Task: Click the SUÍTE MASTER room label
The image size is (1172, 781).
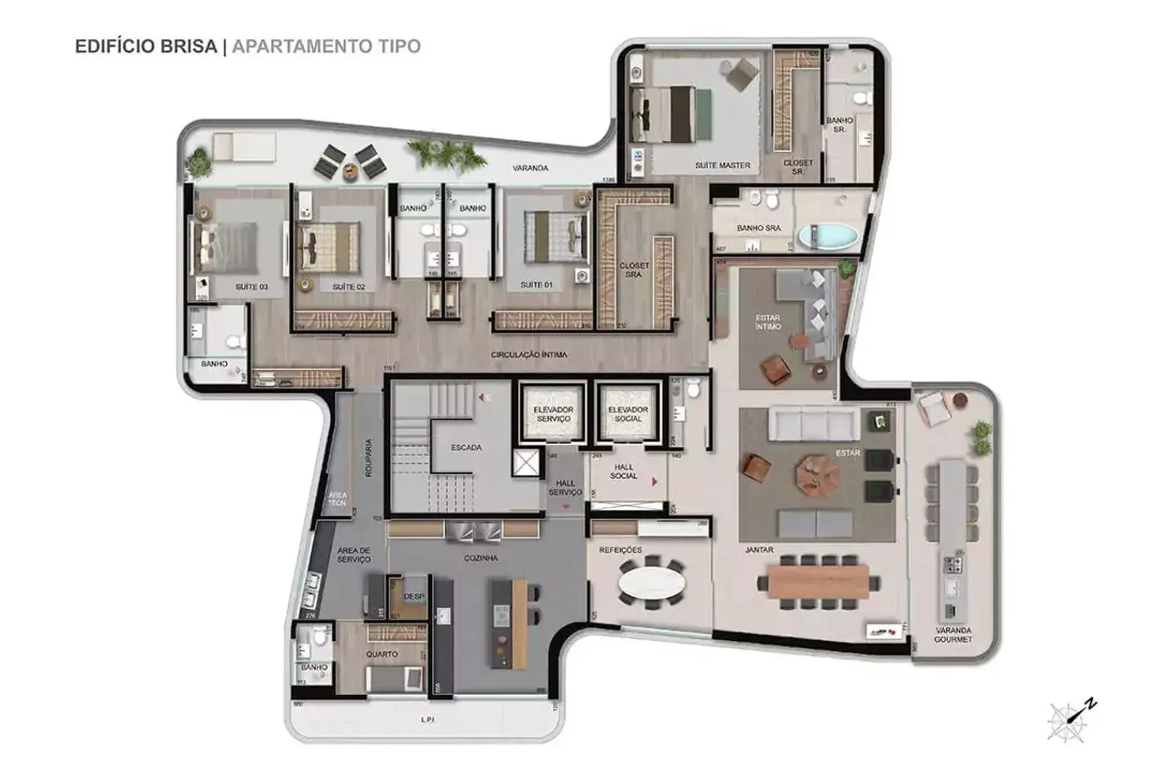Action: point(722,166)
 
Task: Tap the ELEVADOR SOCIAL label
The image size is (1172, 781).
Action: point(629,413)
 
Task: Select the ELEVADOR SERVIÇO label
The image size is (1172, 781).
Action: point(552,413)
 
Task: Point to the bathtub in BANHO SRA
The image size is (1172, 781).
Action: point(829,236)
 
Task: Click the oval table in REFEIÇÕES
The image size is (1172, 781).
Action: point(651,582)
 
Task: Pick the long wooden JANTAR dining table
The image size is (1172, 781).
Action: point(817,580)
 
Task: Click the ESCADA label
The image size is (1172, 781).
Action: point(467,448)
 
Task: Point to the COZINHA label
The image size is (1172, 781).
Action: point(481,558)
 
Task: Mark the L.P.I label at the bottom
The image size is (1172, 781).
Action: point(426,720)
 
